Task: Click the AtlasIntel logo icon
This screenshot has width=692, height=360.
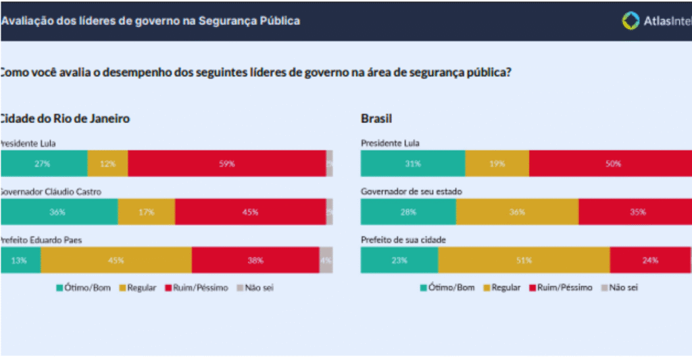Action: click(630, 20)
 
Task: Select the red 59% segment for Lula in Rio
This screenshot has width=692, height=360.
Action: click(227, 163)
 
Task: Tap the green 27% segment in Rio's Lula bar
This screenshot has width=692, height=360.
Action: click(44, 163)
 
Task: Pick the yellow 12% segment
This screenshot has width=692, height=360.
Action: click(107, 163)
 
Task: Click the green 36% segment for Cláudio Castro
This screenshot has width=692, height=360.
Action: click(59, 211)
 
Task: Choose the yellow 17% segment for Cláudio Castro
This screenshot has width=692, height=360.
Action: click(146, 211)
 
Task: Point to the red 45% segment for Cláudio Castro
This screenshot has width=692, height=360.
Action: click(250, 211)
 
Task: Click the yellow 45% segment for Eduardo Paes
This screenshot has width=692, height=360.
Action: click(116, 260)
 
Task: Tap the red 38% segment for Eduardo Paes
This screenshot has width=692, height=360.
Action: click(255, 260)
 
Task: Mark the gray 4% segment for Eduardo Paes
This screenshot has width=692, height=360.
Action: click(326, 260)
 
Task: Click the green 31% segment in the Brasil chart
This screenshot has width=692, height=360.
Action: click(413, 163)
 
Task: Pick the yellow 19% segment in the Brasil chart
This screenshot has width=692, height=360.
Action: click(497, 163)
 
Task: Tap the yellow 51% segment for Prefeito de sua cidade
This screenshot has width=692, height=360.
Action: click(524, 260)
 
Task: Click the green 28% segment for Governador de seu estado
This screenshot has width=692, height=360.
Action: click(408, 211)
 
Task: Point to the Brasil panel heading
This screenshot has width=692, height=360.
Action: click(377, 119)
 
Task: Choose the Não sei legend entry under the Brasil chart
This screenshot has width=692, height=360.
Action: click(618, 288)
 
